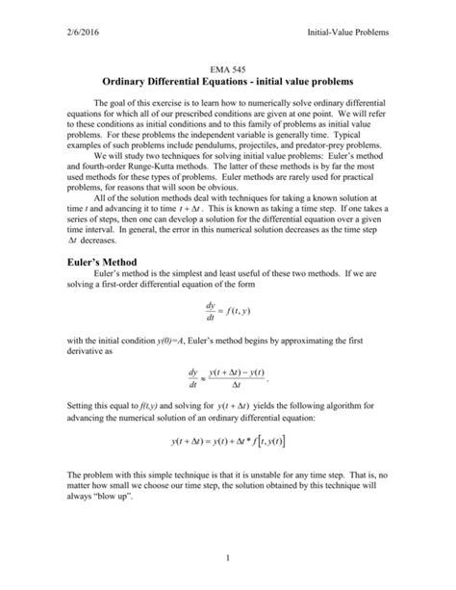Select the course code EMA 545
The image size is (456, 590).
tap(228, 72)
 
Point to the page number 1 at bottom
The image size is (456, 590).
tap(228, 558)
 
